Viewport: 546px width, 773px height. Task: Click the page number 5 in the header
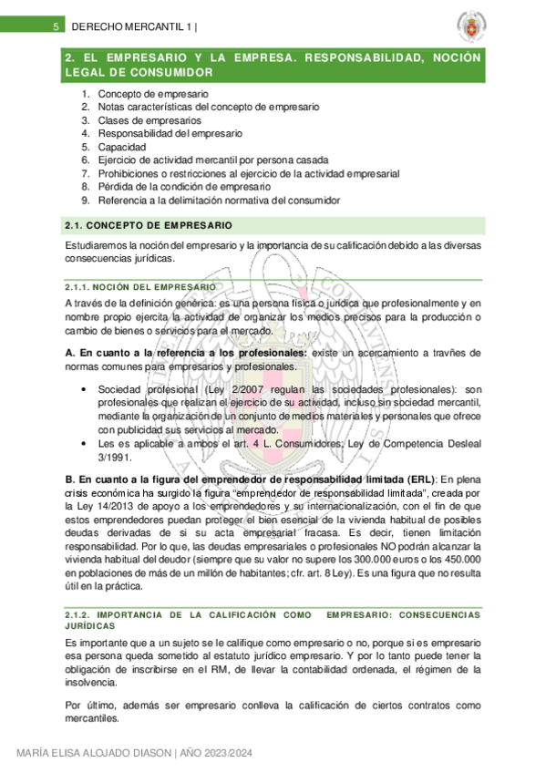(x=56, y=26)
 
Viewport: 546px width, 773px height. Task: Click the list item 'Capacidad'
(x=121, y=146)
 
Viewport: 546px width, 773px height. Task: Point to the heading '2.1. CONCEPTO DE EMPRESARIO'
(x=149, y=225)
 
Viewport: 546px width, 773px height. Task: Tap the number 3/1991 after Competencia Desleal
(x=117, y=459)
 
